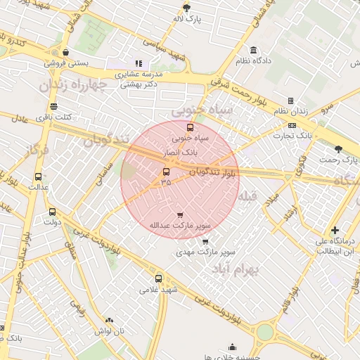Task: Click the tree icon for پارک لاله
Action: point(186,8)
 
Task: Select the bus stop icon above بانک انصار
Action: point(190,127)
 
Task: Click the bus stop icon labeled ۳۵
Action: point(166,172)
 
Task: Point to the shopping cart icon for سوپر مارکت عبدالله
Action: point(180,215)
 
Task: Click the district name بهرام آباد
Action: point(236,269)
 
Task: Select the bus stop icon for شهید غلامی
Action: point(158,278)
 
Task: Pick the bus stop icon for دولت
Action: point(52,212)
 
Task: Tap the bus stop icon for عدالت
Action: point(38,177)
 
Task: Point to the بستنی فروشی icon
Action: point(65,51)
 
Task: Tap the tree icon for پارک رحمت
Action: point(339,149)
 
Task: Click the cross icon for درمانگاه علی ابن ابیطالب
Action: point(335,230)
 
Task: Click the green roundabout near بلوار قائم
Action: point(264,331)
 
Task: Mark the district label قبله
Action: point(248,196)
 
